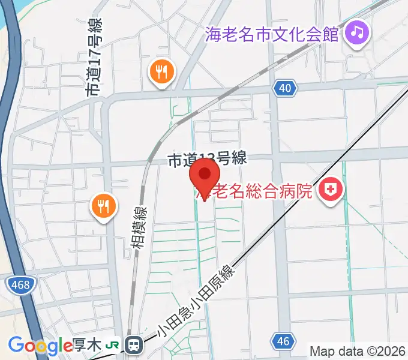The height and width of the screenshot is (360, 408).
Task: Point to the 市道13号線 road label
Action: click(x=207, y=160)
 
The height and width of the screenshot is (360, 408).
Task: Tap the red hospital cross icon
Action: click(x=330, y=191)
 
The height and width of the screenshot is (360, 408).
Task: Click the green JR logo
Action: click(x=113, y=346)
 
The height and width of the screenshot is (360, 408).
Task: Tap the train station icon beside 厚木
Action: click(x=134, y=344)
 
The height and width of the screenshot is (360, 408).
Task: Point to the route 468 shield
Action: click(x=20, y=284)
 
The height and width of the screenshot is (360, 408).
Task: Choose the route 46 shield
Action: click(x=283, y=341)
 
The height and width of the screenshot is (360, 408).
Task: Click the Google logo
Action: click(x=40, y=346)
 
